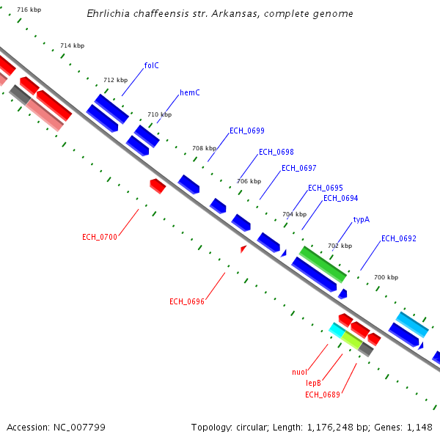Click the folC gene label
tap(151, 65)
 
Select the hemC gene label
tap(190, 93)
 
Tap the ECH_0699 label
tap(246, 131)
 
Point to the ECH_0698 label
tap(276, 153)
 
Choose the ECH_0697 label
tap(298, 168)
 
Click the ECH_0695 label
tap(325, 188)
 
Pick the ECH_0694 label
tap(340, 198)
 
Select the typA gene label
tap(361, 219)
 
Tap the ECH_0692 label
tap(398, 238)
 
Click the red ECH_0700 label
tap(100, 237)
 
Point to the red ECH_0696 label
tap(186, 301)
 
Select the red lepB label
tap(314, 383)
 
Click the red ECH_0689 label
tap(322, 395)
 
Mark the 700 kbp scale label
tap(386, 277)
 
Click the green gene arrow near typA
tap(322, 264)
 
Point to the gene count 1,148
tap(418, 427)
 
